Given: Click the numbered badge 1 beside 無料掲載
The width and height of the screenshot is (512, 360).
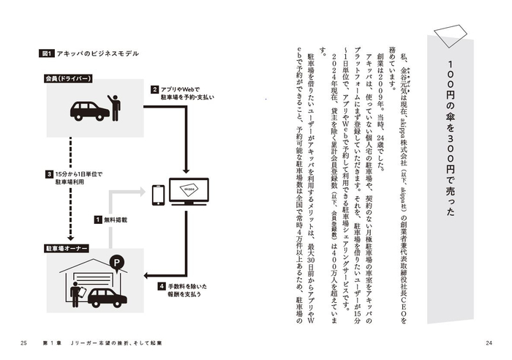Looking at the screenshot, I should coord(96,218).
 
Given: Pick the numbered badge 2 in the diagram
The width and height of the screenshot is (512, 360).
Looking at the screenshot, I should coord(155,90).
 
